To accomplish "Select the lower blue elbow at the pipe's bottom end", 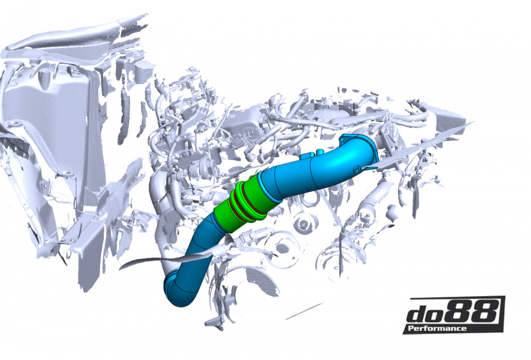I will click(x=181, y=289).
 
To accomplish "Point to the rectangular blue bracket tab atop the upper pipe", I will click(x=309, y=156).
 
